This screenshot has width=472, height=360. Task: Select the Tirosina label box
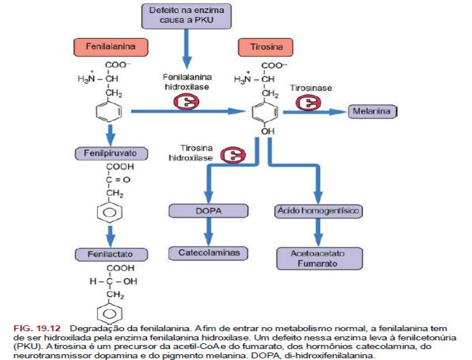click(x=260, y=47)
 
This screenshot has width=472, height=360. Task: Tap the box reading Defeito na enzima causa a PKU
click(x=186, y=16)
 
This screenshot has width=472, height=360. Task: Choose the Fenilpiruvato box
click(x=111, y=153)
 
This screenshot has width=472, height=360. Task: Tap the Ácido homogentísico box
click(x=318, y=211)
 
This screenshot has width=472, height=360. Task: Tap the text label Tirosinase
click(x=311, y=88)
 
